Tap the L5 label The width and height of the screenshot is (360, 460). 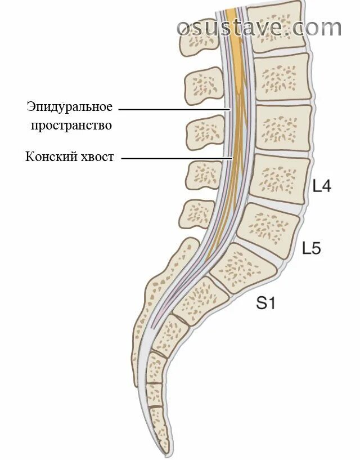(311, 248)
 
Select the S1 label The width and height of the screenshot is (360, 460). (265, 304)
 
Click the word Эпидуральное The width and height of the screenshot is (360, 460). (69, 106)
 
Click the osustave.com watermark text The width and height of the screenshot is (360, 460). (259, 26)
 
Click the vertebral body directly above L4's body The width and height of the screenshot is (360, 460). (282, 127)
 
